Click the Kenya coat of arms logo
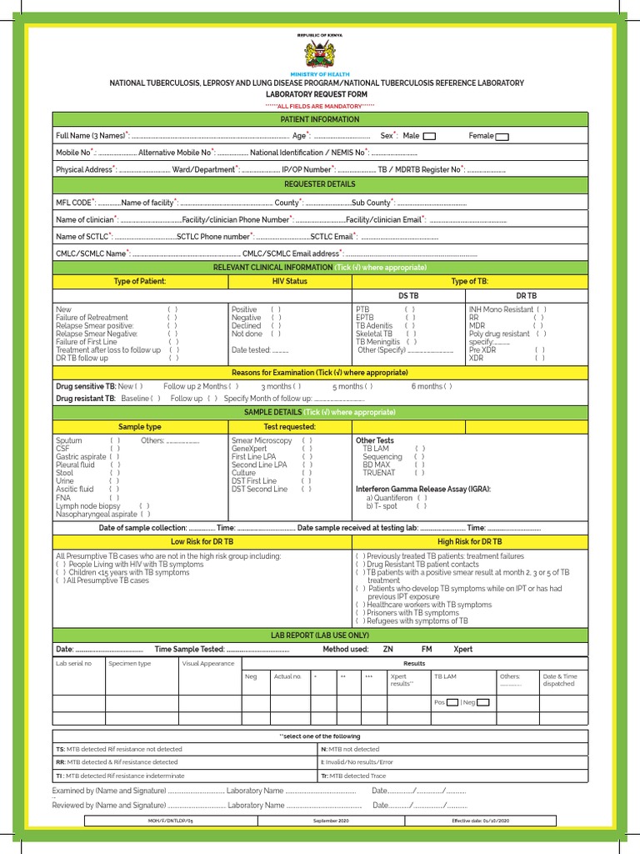320,54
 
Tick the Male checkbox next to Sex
429,136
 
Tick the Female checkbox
502,136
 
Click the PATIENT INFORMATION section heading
320,119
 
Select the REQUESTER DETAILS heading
320,184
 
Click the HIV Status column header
290,282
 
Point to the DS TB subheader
408,296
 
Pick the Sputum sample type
69,440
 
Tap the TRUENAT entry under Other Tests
378,473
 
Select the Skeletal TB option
373,334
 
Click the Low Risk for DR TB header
202,542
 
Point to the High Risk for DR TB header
469,542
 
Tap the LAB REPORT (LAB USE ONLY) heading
320,635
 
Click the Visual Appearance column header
208,664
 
